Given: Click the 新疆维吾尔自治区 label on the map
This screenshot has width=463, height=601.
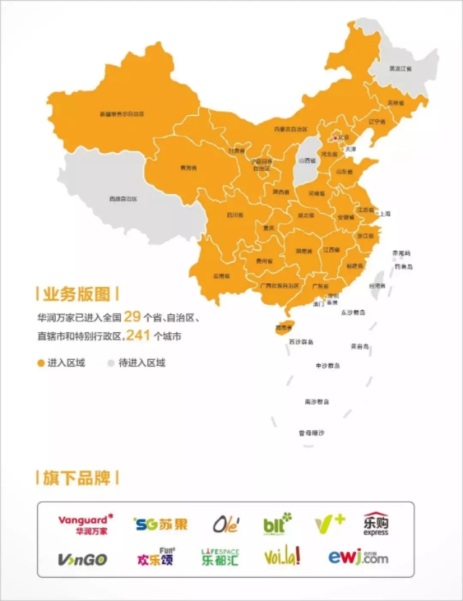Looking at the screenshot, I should coord(122,114).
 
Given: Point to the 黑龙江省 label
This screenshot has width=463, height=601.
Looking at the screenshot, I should coord(400,69).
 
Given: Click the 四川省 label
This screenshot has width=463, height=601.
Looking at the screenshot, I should coord(234,215).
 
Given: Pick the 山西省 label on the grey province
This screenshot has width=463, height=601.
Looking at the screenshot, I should coord(307,160).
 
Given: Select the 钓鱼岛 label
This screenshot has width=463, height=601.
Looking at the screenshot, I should coord(403,266).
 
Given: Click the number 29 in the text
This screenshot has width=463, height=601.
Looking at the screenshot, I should coord(132,316).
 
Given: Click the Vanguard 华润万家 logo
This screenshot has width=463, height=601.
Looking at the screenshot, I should coord(85,524).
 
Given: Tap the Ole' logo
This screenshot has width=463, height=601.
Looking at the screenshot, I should coord(226,524).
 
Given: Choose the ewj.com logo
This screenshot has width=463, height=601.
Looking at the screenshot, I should coord(357,557).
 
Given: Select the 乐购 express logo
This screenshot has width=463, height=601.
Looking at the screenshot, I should coord(375,524).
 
